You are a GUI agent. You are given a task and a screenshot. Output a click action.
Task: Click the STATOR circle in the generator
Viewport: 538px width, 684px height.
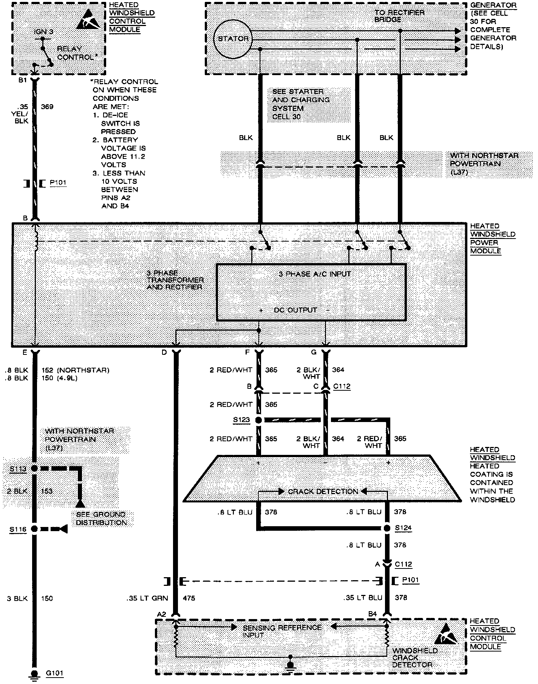pos(233,39)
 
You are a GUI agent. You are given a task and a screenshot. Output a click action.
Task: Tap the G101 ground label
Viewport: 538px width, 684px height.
pos(55,673)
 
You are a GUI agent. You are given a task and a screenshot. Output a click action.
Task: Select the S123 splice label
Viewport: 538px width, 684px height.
pos(242,420)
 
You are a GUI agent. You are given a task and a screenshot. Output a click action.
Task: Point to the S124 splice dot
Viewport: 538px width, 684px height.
pos(386,528)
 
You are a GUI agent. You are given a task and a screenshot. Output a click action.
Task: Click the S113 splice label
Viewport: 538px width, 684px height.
pos(18,469)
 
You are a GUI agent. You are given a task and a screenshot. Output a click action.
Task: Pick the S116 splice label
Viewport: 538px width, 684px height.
pos(18,529)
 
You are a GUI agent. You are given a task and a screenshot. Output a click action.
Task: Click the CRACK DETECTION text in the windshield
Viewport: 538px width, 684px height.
pos(323,491)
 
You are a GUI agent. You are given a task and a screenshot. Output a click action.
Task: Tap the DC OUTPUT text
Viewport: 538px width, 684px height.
pos(295,310)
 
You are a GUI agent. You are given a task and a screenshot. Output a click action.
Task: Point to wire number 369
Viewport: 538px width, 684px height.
pos(47,107)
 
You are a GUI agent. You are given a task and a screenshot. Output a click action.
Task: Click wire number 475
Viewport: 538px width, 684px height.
pos(189,598)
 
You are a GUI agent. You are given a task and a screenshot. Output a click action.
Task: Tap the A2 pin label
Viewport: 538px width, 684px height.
pos(161,614)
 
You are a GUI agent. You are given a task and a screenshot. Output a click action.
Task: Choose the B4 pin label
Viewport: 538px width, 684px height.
pos(373,614)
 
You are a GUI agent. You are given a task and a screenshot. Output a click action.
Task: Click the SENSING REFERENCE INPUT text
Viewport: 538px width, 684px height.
pos(282,631)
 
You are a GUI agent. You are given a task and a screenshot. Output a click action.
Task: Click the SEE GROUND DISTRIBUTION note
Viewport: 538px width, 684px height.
pos(101,518)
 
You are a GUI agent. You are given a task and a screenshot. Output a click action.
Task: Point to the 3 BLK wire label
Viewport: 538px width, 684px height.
pos(17,598)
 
